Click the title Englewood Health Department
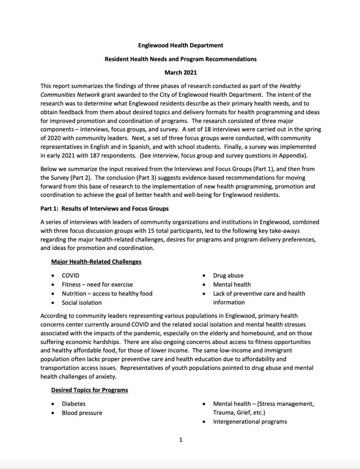click(180, 45)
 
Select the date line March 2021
click(180, 72)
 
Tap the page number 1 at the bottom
click(180, 440)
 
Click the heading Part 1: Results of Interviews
click(104, 208)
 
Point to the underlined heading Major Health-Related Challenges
click(96, 262)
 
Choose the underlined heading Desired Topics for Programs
click(90, 390)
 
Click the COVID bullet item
click(71, 275)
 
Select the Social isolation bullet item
click(82, 302)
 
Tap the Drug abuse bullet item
click(228, 275)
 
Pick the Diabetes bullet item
click(73, 404)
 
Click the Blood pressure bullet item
click(82, 413)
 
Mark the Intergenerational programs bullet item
click(250, 422)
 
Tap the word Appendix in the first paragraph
click(292, 155)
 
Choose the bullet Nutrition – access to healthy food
click(107, 293)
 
